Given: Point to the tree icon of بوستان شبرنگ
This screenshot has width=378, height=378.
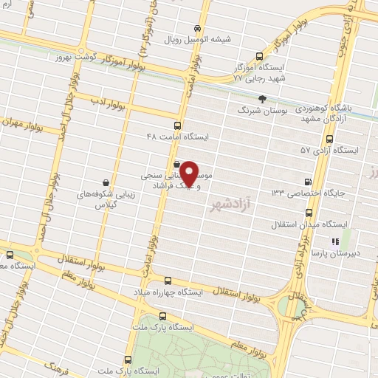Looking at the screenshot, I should [x=262, y=98].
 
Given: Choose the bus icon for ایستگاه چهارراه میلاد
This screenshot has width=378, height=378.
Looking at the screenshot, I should [x=168, y=281].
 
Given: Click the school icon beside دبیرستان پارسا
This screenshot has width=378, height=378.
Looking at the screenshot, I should [x=334, y=241].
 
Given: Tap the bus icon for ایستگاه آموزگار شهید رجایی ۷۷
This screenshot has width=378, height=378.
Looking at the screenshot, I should [x=259, y=56].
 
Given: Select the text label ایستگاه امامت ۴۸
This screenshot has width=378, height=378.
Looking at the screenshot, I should [x=178, y=137].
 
